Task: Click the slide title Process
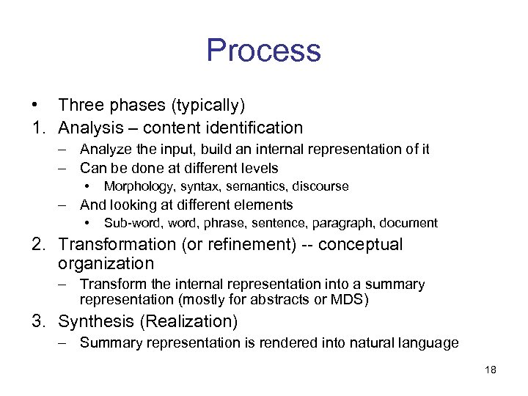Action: coord(263,51)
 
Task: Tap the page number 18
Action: coord(491,370)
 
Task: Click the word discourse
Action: coord(320,186)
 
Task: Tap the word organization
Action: coord(106,263)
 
